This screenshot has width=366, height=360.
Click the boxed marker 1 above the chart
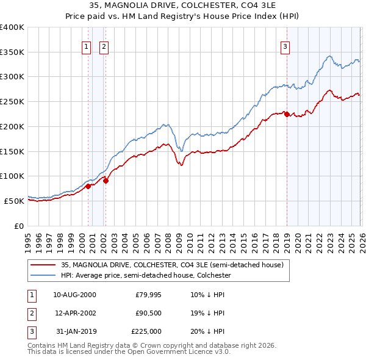point(87,46)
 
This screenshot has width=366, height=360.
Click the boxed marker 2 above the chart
point(104,46)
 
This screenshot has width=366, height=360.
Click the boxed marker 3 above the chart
point(285,46)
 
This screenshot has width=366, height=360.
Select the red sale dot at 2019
point(287,114)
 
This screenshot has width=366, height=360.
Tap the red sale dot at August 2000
point(88,186)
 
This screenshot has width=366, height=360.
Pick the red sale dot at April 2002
point(106,181)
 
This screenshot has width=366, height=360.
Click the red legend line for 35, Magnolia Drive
point(43,265)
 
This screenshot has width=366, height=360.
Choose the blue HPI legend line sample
point(43,275)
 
